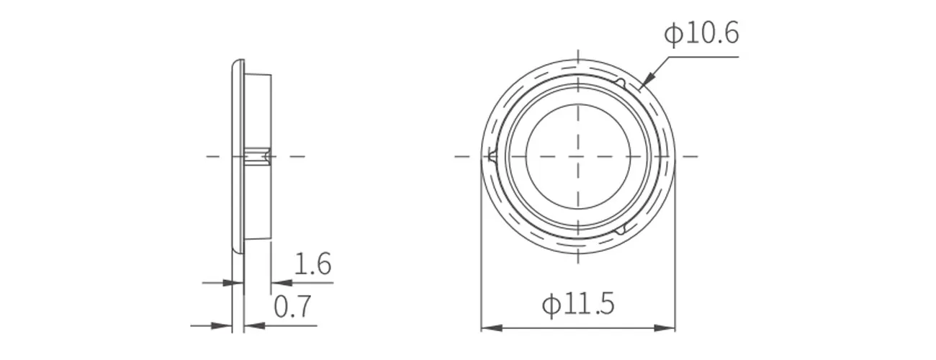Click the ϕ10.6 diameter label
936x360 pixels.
click(x=701, y=33)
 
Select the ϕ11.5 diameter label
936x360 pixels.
click(x=578, y=304)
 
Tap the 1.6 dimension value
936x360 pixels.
click(x=313, y=264)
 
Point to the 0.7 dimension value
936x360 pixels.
click(x=292, y=306)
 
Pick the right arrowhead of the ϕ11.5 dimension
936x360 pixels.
click(x=665, y=328)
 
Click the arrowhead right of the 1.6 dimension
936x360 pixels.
click(x=282, y=283)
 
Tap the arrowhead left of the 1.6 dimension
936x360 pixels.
click(x=233, y=283)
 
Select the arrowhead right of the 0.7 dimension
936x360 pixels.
click(x=254, y=325)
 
